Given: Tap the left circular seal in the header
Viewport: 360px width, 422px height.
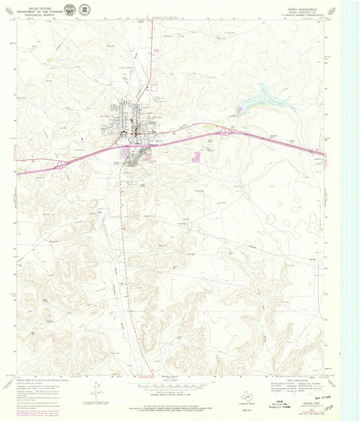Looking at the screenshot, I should (70, 9).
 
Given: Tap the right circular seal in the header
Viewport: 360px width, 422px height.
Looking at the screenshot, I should (84, 9).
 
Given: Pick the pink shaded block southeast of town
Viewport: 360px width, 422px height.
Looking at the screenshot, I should (197, 157).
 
